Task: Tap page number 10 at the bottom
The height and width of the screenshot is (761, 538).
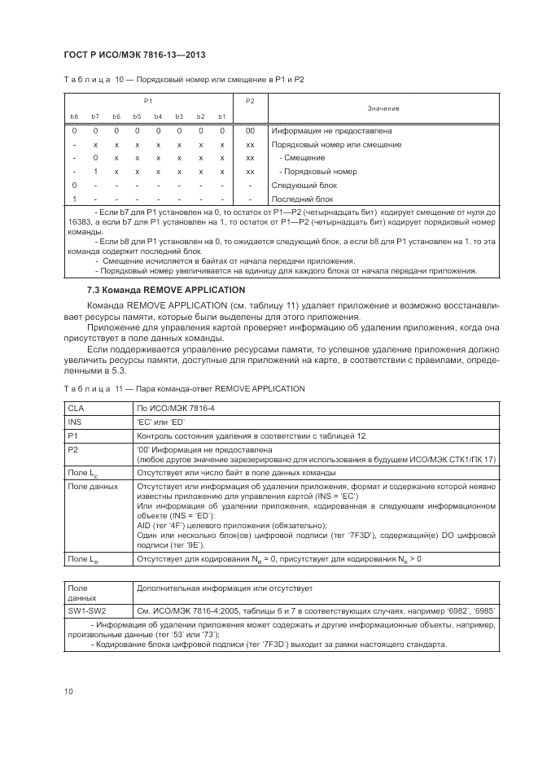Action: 68,692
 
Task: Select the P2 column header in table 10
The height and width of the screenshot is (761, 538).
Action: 250,100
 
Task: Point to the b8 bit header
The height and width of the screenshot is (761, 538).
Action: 74,116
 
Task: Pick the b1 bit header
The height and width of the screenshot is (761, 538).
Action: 221,116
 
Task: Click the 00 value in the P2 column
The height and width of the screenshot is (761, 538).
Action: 250,130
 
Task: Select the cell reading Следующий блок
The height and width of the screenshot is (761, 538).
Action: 304,186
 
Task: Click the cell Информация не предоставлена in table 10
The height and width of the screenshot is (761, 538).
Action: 332,130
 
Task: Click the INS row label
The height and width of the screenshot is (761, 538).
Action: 75,421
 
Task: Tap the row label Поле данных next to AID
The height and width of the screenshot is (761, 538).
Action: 92,487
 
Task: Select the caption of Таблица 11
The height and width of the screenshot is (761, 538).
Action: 183,388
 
